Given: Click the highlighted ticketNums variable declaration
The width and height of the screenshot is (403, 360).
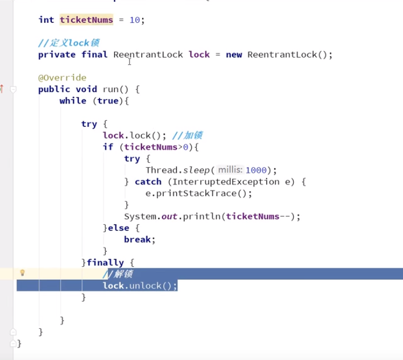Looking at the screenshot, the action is pyautogui.click(x=86, y=20).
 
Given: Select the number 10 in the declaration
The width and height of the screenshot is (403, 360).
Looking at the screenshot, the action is pyautogui.click(x=135, y=20).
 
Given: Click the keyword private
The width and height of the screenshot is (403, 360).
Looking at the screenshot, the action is pyautogui.click(x=57, y=55).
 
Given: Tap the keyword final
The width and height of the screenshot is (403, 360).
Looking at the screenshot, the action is pyautogui.click(x=94, y=54).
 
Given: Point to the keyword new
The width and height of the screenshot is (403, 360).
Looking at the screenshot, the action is pyautogui.click(x=234, y=55).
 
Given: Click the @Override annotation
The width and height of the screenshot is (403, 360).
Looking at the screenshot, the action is pyautogui.click(x=62, y=78).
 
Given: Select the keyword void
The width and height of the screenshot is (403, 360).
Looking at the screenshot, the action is pyautogui.click(x=86, y=89).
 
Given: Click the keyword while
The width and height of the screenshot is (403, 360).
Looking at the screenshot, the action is pyautogui.click(x=73, y=101).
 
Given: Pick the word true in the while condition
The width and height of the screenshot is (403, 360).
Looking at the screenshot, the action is pyautogui.click(x=108, y=101).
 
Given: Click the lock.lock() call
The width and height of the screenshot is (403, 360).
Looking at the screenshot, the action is pyautogui.click(x=134, y=135).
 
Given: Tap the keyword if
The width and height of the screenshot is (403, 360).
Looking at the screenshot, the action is pyautogui.click(x=108, y=147).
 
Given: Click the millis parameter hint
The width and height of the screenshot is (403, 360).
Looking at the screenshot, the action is pyautogui.click(x=230, y=169).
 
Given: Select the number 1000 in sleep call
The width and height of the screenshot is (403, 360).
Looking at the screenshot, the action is pyautogui.click(x=256, y=170).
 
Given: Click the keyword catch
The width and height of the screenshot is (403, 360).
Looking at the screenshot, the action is pyautogui.click(x=148, y=181).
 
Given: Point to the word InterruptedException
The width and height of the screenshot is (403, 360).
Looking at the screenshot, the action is pyautogui.click(x=226, y=181).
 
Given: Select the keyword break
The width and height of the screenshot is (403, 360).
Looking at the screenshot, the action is pyautogui.click(x=137, y=239).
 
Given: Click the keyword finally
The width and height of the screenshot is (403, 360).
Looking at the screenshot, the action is pyautogui.click(x=105, y=263).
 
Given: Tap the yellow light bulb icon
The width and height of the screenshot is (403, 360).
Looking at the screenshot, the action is pyautogui.click(x=22, y=272).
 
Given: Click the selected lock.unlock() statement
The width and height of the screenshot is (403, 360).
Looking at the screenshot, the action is pyautogui.click(x=140, y=285).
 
